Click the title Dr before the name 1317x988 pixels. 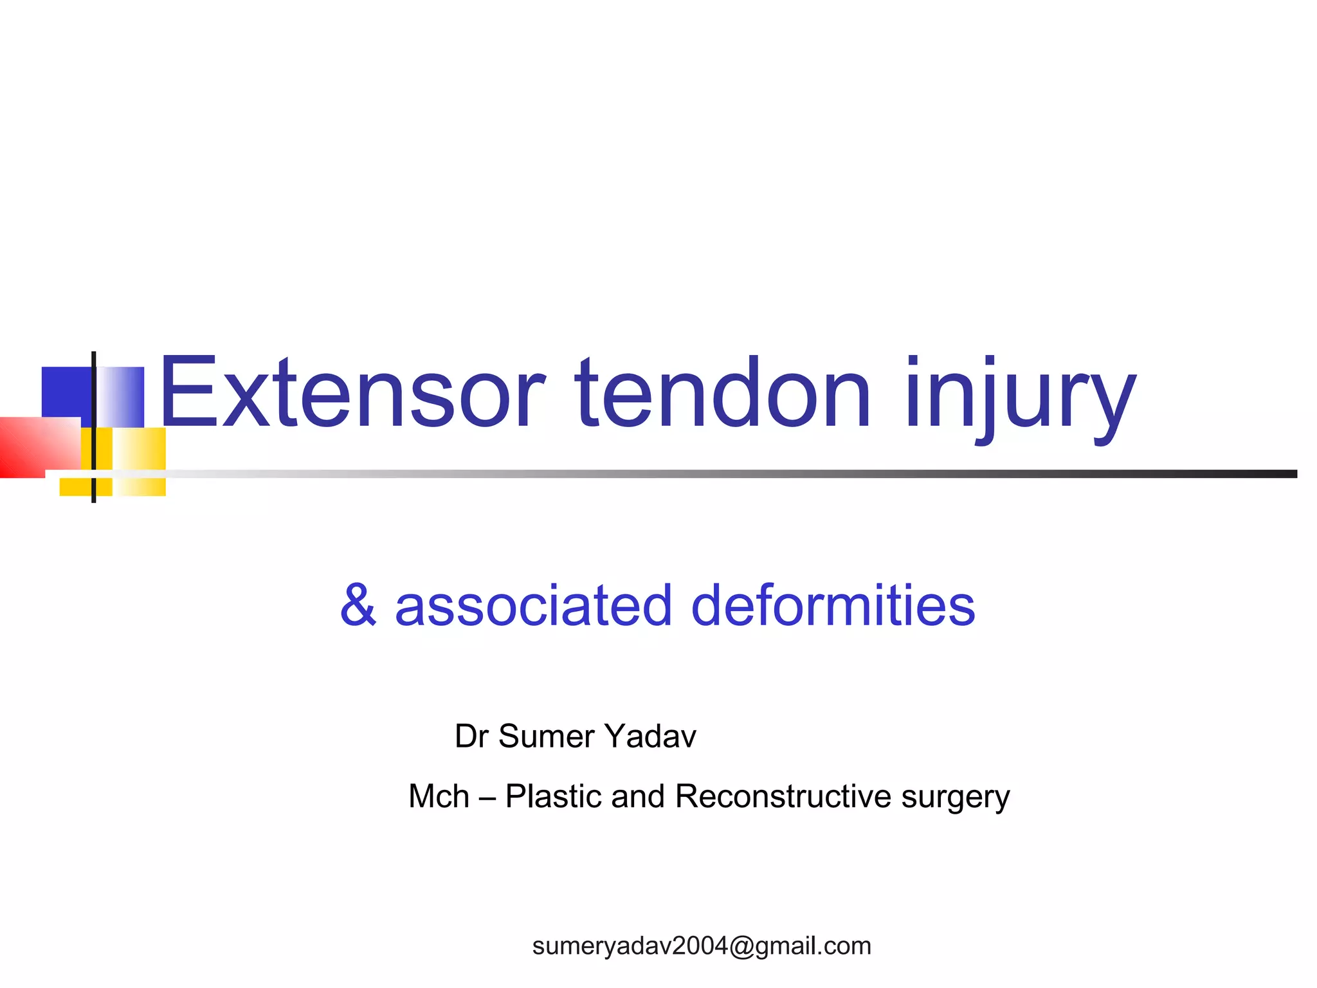click(471, 736)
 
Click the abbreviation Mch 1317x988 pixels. click(439, 796)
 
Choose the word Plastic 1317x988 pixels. click(552, 796)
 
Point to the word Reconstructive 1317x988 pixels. click(783, 796)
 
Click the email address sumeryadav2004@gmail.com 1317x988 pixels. click(702, 946)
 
